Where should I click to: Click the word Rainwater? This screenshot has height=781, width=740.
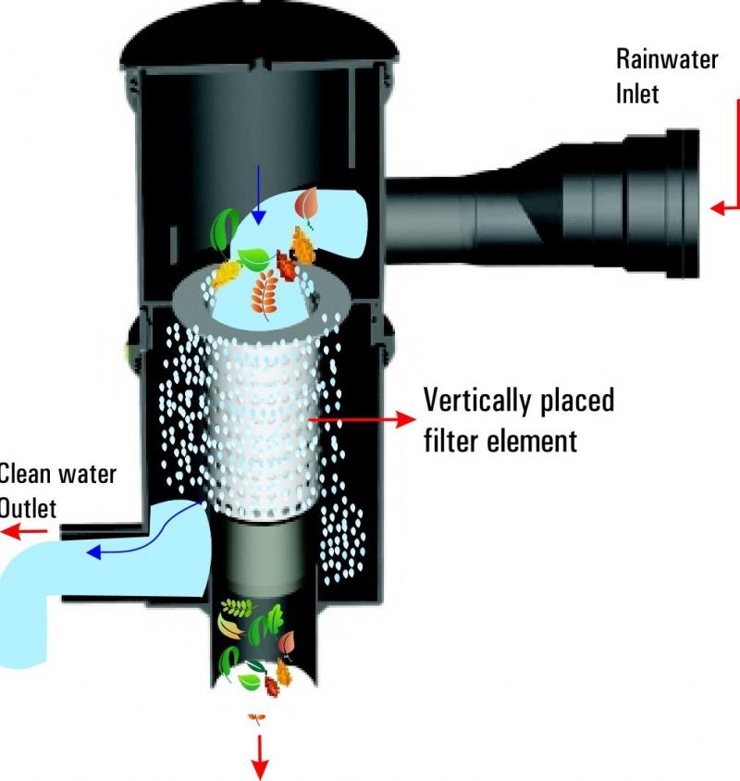pos(667,59)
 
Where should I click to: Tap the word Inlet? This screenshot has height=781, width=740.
pos(637,93)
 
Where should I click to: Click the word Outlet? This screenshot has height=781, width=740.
pos(28,509)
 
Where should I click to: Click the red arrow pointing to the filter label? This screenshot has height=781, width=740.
pos(362,419)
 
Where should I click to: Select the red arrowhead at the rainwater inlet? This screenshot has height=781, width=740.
pos(718,207)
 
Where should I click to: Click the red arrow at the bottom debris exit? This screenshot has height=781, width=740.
pos(259,756)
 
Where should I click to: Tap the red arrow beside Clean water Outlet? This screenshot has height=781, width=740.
pos(24,531)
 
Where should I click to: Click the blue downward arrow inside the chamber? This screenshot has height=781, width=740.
pos(258,194)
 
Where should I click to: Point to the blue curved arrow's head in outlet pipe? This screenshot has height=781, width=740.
pos(93,552)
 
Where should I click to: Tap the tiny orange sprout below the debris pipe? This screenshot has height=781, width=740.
pos(256,718)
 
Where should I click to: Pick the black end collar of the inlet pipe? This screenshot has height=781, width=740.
pos(684,204)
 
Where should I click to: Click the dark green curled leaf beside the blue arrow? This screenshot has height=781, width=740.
pos(224,231)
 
